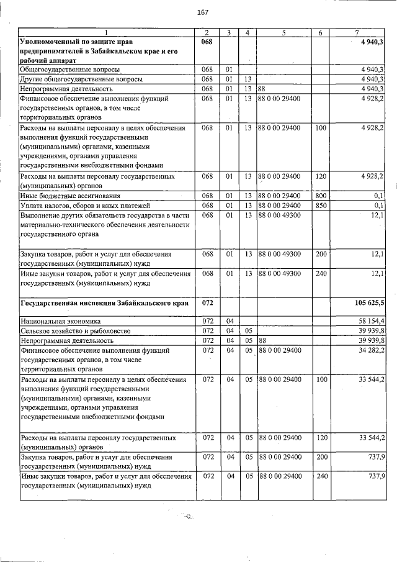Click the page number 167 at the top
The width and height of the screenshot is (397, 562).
(x=202, y=12)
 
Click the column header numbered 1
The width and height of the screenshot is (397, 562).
(x=105, y=32)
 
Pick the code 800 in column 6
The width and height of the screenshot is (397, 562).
(x=321, y=196)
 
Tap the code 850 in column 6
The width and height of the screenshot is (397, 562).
(x=321, y=206)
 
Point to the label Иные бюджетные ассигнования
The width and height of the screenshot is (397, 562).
(x=71, y=196)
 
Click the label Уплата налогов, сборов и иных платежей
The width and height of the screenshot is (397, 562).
(x=84, y=206)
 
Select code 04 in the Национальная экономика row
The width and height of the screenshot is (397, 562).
(x=230, y=322)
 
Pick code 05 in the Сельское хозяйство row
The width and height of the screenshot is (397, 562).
(x=247, y=331)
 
